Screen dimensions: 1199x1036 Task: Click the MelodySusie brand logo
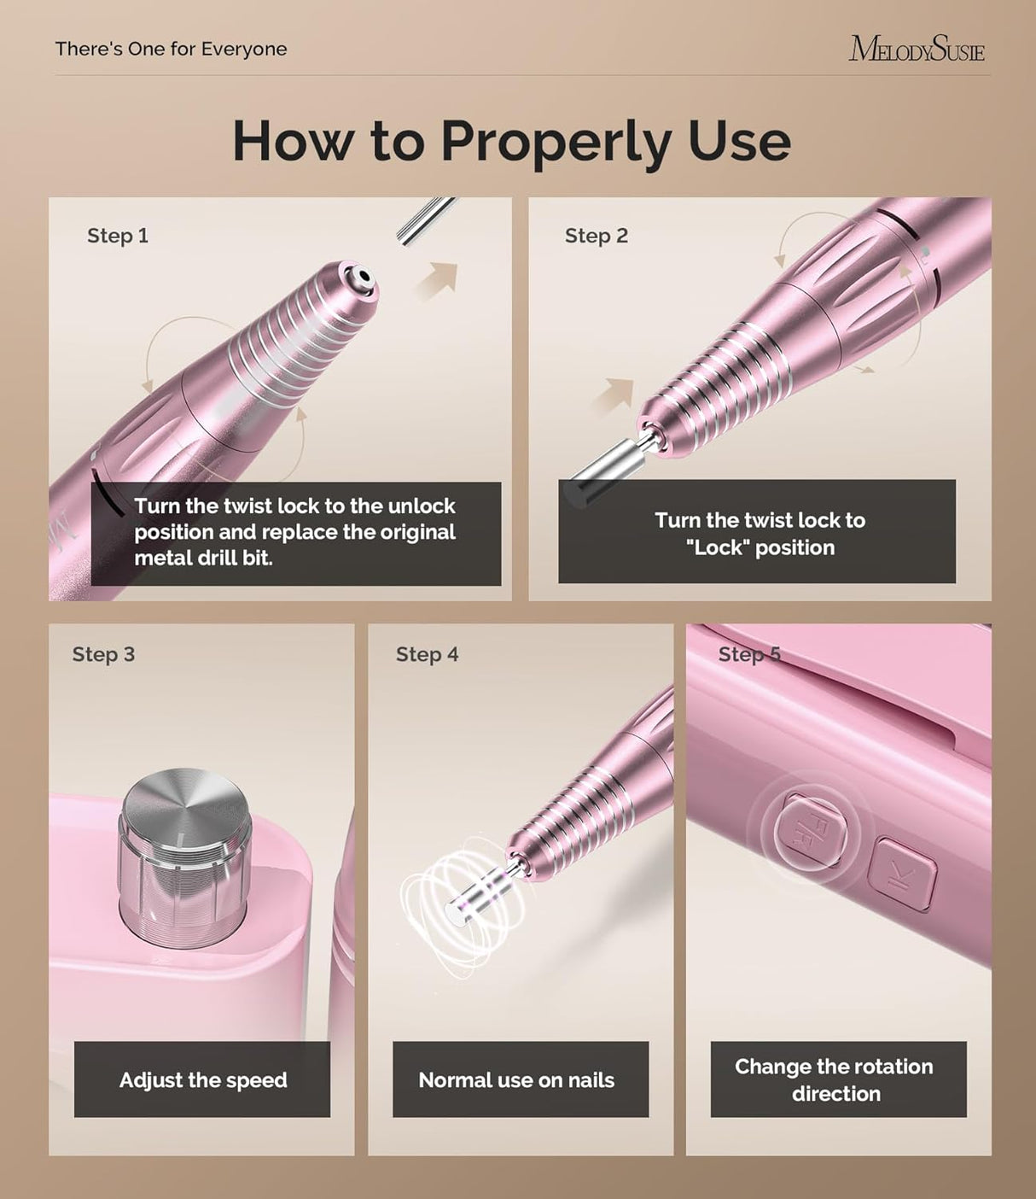tap(916, 49)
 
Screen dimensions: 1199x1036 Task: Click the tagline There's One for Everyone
tap(171, 49)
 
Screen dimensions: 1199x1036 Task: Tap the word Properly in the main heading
tap(556, 141)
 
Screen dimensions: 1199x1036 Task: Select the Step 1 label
tap(118, 236)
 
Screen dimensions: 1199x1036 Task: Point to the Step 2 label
tap(596, 236)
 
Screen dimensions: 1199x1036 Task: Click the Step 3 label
tap(103, 654)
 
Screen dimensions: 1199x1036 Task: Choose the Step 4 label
tap(427, 654)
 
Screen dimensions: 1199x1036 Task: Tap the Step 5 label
tap(748, 654)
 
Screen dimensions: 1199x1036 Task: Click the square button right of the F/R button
tap(901, 874)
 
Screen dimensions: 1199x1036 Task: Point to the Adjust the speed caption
tap(202, 1079)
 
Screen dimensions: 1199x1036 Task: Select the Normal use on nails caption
tap(516, 1079)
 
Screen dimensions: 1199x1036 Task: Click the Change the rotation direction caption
tap(835, 1079)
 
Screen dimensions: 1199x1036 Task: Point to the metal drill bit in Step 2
tap(604, 469)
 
